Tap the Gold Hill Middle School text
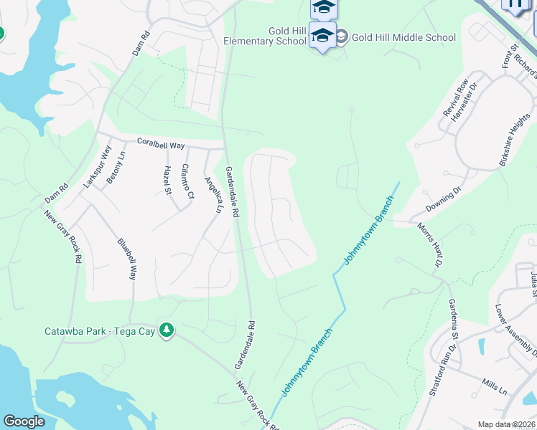coord(403,37)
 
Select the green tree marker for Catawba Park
coord(167,330)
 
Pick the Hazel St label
coord(167,180)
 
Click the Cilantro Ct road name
coord(187,181)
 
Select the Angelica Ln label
coord(211,196)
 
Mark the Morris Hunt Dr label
coord(429,244)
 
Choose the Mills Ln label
coord(494,387)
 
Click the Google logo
coord(24,421)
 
